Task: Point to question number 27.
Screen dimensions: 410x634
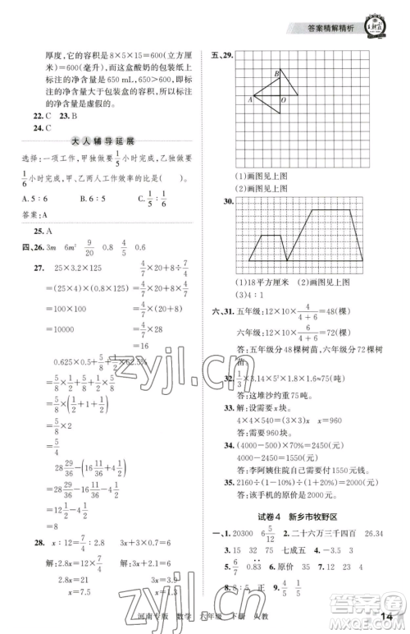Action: coord(38,269)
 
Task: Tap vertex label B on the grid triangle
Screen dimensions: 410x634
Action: coord(276,73)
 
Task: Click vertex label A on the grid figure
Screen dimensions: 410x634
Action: coord(249,99)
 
